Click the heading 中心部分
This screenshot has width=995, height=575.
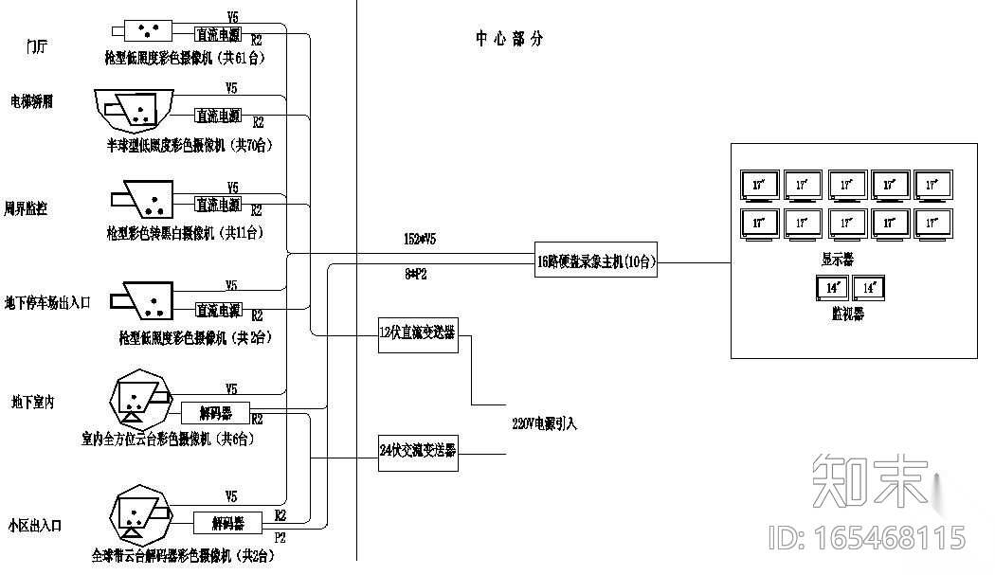click(510, 39)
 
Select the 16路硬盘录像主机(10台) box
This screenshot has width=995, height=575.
click(595, 262)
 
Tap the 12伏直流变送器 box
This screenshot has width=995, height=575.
click(418, 334)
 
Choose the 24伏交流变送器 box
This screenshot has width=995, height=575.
click(418, 451)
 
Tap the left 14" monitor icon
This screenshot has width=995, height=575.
click(831, 288)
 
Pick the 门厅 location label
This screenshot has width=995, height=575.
click(37, 47)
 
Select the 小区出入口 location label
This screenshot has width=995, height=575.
click(35, 525)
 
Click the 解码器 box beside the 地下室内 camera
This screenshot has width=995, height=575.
click(214, 412)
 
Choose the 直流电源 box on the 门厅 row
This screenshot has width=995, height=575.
click(218, 34)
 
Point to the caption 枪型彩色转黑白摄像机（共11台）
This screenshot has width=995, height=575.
click(186, 232)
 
